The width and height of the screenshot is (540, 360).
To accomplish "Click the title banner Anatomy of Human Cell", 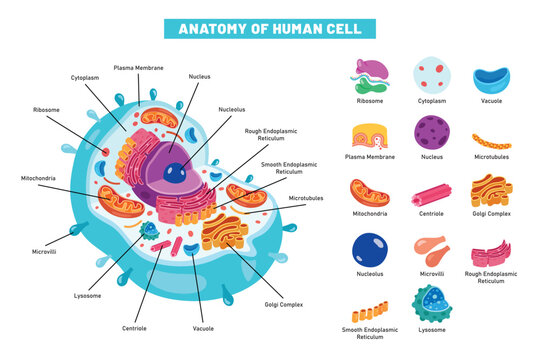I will [x=270, y=28].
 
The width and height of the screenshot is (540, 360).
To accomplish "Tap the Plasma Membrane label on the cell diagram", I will [x=138, y=67].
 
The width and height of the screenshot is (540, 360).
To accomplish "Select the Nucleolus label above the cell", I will [x=232, y=110].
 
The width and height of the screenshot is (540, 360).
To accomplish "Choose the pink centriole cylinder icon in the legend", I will [x=431, y=193].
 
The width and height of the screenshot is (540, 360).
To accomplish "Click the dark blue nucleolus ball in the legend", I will [x=369, y=250].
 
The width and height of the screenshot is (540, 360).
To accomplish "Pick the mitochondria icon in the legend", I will [x=369, y=193].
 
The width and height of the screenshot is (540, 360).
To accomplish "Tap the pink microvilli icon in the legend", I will [x=431, y=251].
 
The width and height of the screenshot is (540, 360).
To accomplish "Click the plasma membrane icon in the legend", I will [x=369, y=136].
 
